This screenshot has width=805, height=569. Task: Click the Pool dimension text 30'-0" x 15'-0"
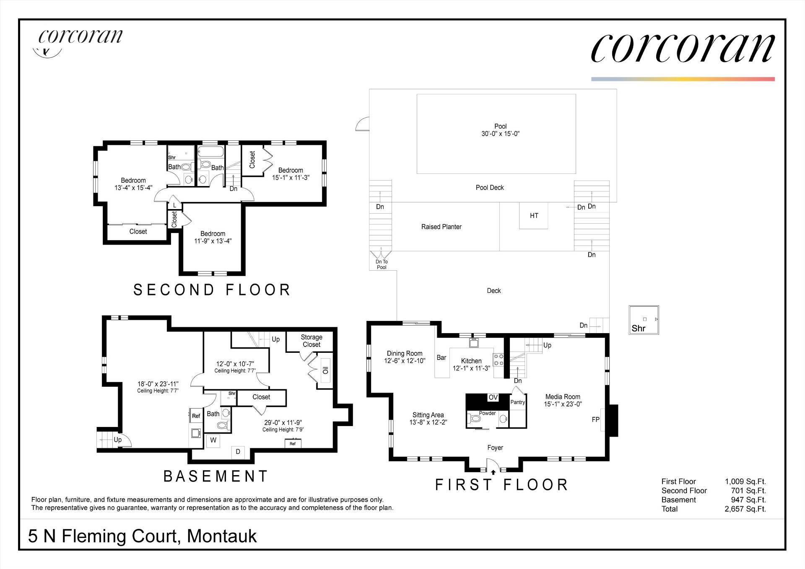click(x=500, y=134)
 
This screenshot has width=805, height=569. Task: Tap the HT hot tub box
click(x=534, y=216)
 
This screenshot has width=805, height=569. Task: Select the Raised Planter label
click(x=441, y=227)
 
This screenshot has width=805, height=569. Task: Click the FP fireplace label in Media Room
click(x=595, y=419)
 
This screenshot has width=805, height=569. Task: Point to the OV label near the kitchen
click(x=493, y=397)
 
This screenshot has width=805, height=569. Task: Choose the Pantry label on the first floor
click(x=518, y=402)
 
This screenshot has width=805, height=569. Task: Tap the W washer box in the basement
click(x=213, y=440)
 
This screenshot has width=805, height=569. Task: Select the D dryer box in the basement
click(x=238, y=452)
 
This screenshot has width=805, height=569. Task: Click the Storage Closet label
click(x=312, y=341)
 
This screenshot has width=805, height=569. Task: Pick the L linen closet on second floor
click(x=175, y=205)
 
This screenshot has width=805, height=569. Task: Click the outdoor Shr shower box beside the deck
click(x=644, y=320)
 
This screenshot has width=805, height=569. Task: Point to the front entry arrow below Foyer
click(x=493, y=472)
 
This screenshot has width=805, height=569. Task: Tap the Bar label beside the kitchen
click(x=441, y=358)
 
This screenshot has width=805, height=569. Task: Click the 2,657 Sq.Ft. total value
click(x=745, y=509)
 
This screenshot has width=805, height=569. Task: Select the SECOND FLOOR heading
click(x=212, y=290)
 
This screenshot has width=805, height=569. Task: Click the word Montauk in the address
click(x=222, y=536)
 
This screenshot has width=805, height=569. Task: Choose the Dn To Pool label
click(x=382, y=264)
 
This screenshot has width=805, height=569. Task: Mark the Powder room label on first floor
click(x=487, y=413)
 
